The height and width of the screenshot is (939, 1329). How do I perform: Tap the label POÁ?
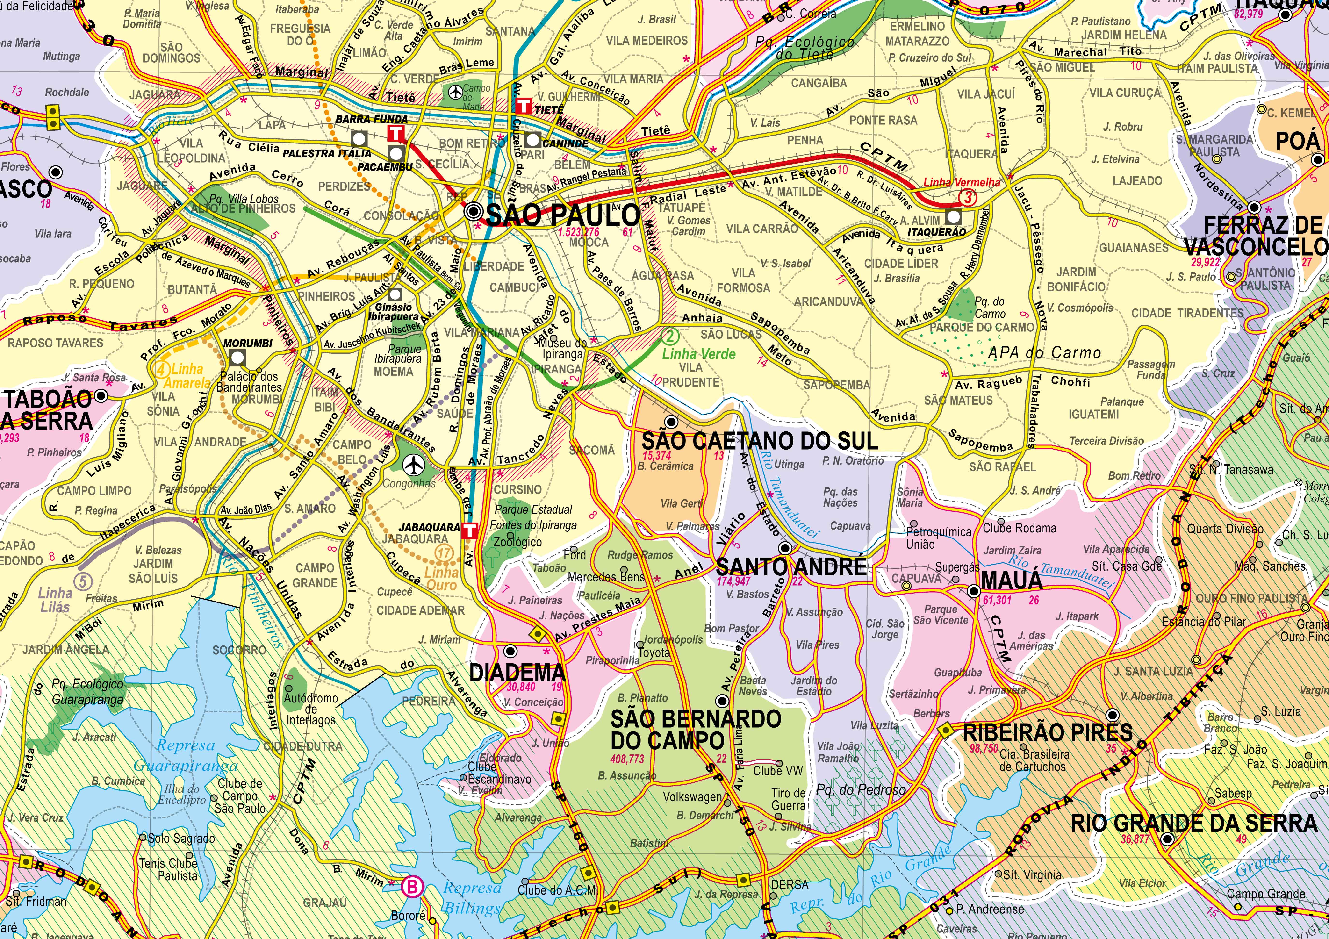[1297, 141]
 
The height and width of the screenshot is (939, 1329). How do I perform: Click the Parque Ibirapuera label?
[397, 354]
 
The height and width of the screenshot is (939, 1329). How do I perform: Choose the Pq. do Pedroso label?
[861, 790]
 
